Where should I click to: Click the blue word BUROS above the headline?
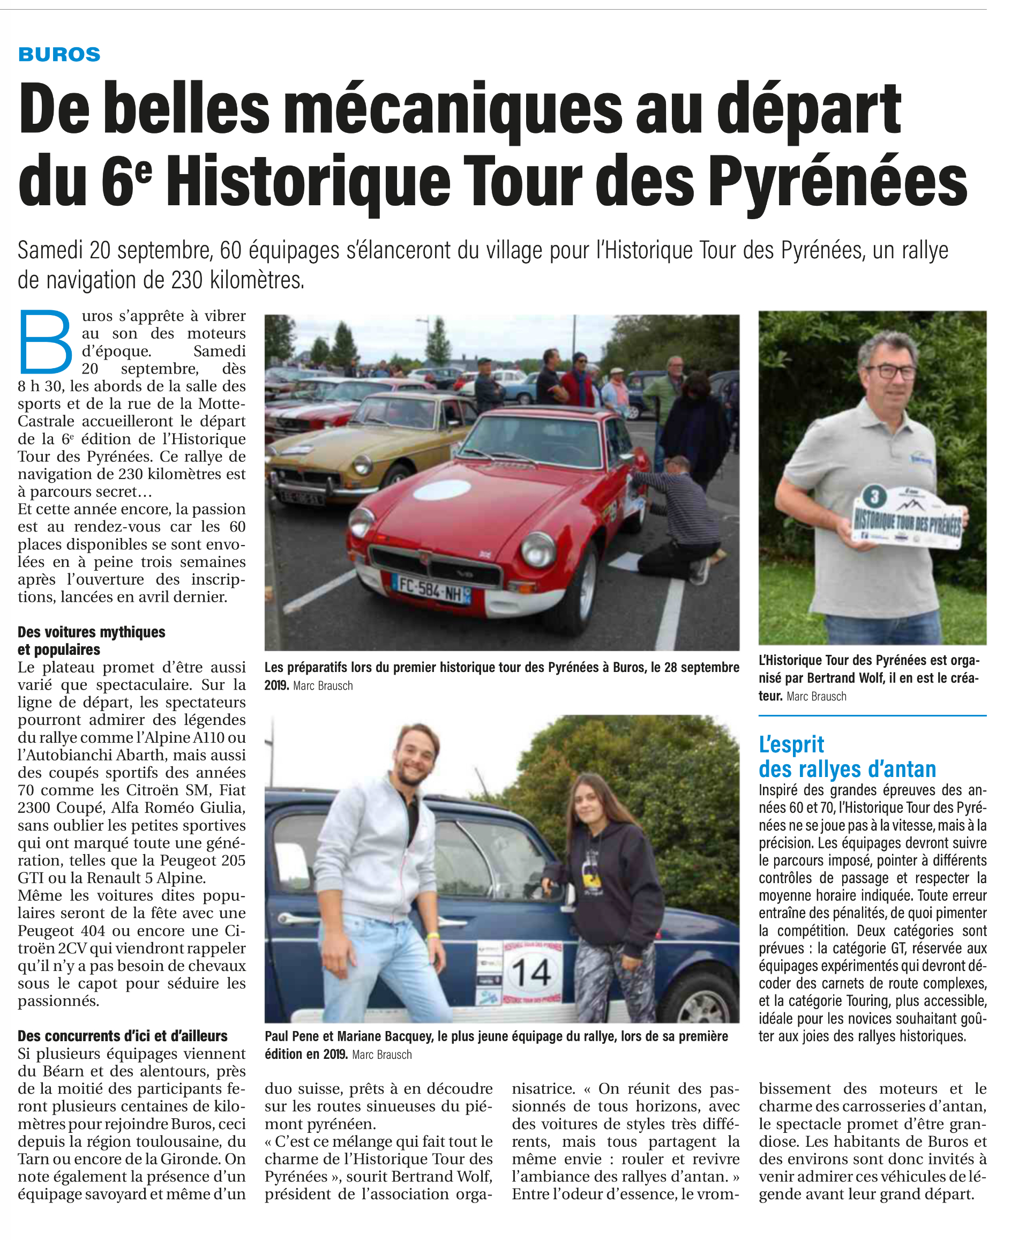59,54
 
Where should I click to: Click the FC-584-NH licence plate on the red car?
431,588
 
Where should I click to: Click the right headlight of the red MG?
538,549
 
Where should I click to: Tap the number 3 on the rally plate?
873,497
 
